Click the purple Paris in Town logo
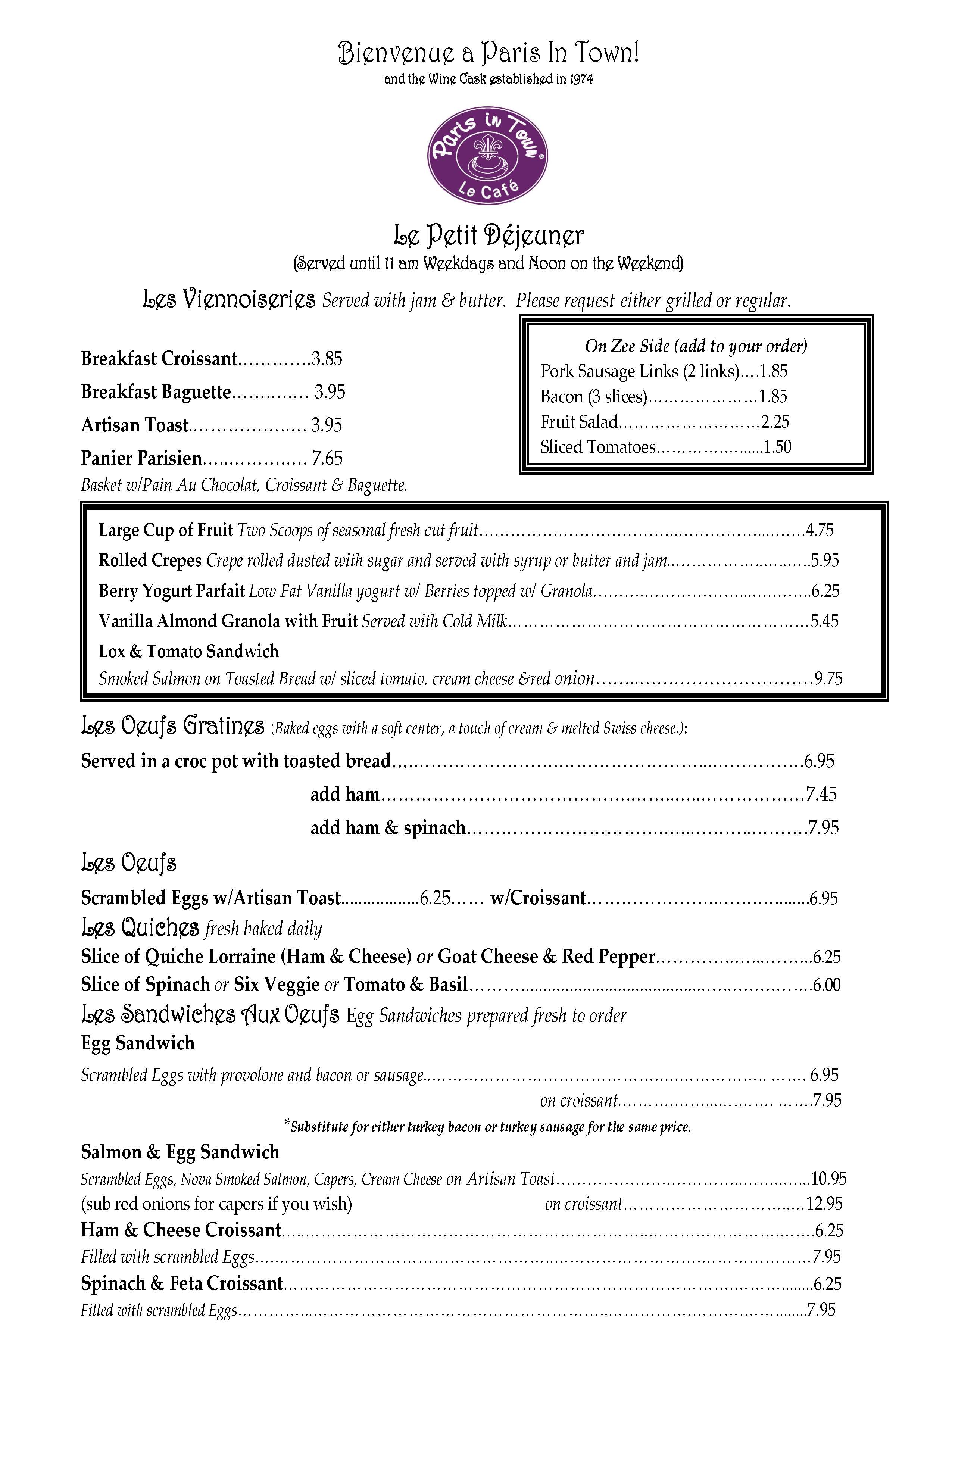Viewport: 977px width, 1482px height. pyautogui.click(x=488, y=157)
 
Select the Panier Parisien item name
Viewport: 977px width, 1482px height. pyautogui.click(x=141, y=459)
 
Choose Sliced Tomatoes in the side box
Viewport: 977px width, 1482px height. pyautogui.click(x=598, y=447)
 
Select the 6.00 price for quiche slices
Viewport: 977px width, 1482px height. pyautogui.click(x=827, y=985)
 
